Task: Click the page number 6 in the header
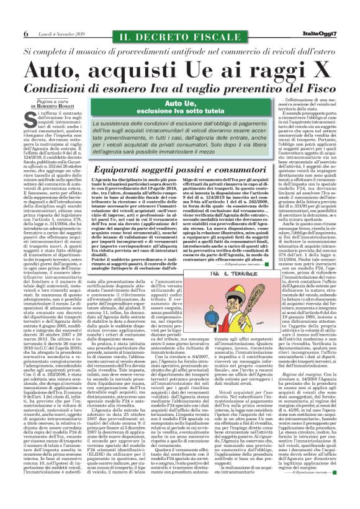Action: (25, 34)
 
